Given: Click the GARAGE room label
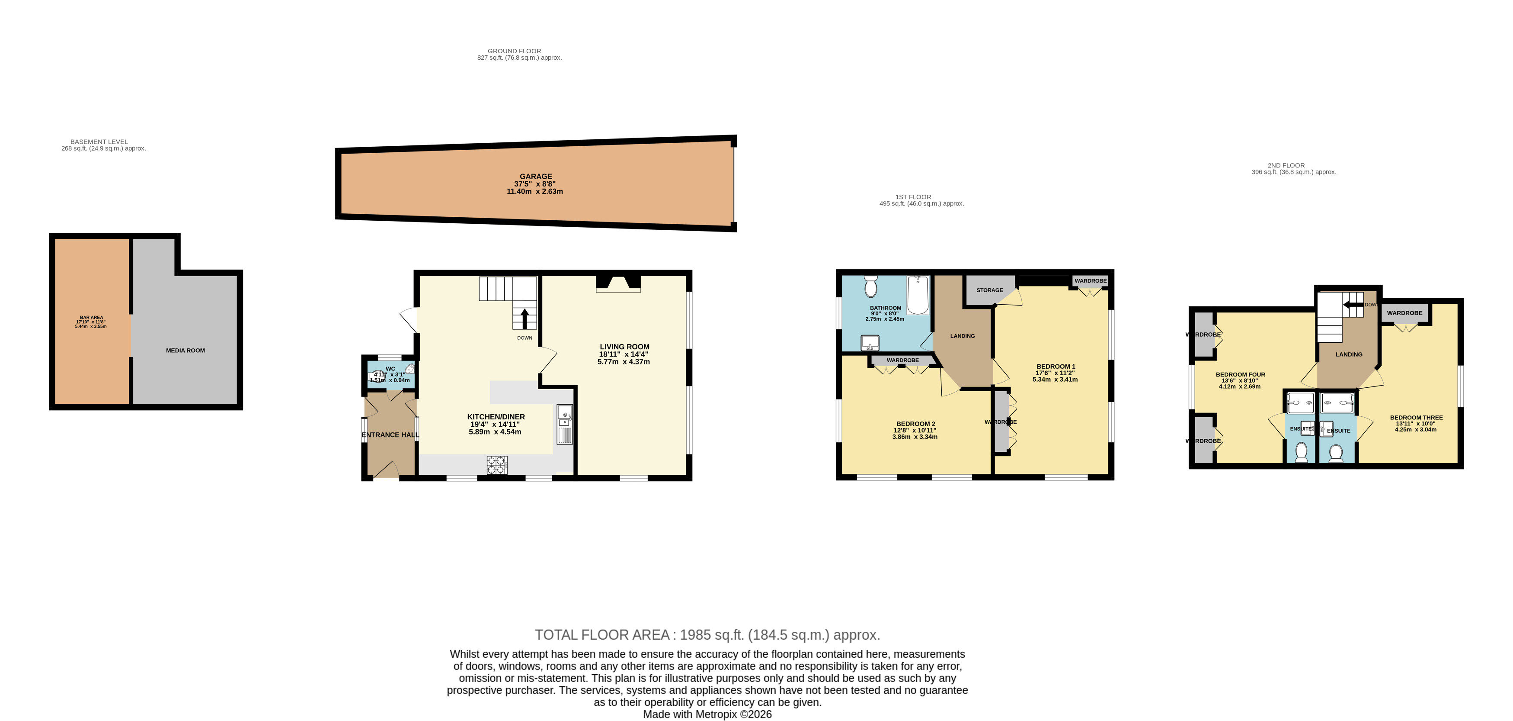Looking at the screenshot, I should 535,176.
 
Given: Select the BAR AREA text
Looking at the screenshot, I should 91,317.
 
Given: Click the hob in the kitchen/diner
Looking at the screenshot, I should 496,465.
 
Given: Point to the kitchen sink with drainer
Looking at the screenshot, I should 564,424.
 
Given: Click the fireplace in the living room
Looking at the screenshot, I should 618,284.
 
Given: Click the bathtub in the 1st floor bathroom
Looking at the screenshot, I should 918,295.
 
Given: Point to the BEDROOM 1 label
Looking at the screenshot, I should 1056,367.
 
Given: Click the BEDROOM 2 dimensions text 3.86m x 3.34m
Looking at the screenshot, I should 915,437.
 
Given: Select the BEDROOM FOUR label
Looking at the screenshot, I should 1240,375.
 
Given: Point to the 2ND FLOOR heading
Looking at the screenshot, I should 1286,166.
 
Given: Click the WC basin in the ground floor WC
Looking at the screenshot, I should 409,369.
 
